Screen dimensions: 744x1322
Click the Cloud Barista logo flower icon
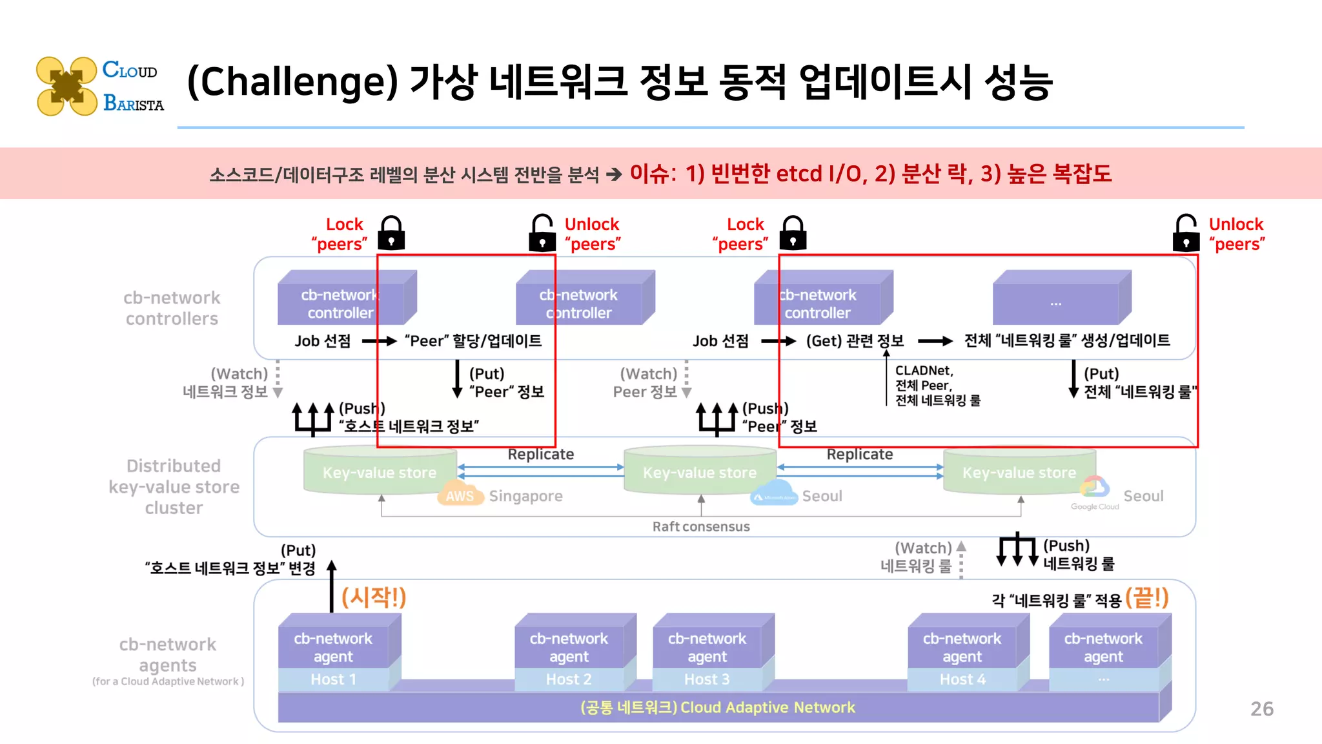point(66,86)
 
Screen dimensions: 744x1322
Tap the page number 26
point(1261,708)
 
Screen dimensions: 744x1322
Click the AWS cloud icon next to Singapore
point(460,495)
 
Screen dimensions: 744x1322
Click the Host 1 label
point(333,679)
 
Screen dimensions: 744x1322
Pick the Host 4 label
point(962,679)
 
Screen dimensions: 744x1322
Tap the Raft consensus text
point(701,526)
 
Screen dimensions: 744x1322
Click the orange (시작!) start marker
point(374,597)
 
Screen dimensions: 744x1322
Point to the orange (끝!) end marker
point(1147,597)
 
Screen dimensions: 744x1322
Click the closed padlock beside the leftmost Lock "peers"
point(391,233)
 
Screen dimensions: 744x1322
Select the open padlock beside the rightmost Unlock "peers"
point(1186,233)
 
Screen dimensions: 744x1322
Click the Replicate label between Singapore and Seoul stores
point(540,454)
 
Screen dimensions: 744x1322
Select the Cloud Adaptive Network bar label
point(718,707)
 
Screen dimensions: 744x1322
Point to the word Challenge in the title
point(292,83)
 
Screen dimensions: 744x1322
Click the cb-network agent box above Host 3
point(707,646)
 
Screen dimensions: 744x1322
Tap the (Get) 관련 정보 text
point(855,340)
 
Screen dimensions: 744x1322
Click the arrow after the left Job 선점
point(379,340)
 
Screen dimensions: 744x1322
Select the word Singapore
point(525,496)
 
